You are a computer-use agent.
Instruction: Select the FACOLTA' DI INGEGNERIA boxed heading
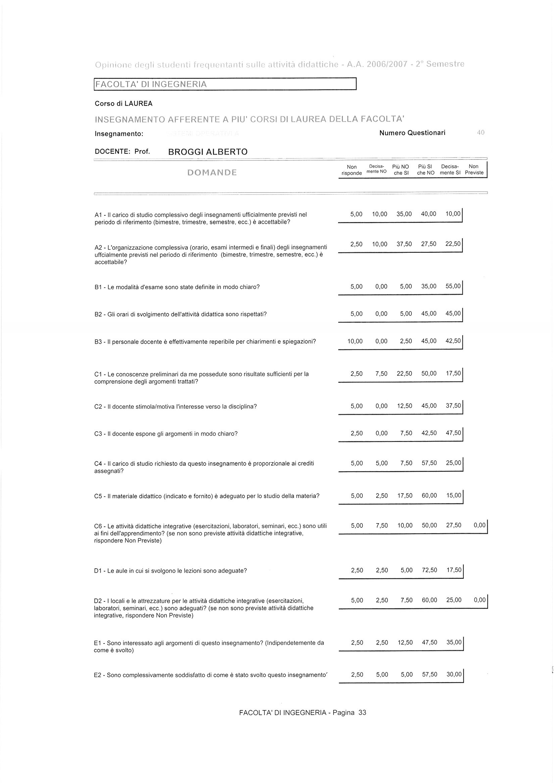coord(151,84)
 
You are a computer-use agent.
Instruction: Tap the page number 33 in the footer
coord(362,712)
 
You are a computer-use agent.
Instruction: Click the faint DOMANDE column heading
coord(212,173)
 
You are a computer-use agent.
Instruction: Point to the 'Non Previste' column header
coord(474,169)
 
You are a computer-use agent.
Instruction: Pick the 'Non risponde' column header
coord(352,169)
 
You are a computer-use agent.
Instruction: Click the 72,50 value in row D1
coord(430,570)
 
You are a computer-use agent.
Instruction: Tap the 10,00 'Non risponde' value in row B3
coord(355,341)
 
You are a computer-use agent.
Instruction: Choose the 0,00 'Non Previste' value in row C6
coord(480,525)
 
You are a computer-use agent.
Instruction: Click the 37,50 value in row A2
coord(404,244)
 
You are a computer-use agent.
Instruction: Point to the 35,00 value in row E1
coord(454,642)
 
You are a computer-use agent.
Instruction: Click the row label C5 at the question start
coord(98,496)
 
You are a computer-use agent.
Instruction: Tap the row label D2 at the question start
coord(98,601)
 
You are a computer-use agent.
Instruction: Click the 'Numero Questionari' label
coord(412,133)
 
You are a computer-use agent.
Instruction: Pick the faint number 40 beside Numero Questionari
coord(481,133)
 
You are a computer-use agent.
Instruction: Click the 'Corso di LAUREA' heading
coord(123,104)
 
